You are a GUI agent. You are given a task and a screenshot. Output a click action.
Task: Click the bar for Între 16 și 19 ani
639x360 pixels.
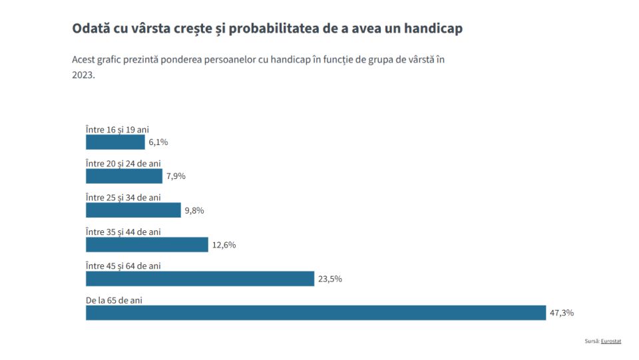115,142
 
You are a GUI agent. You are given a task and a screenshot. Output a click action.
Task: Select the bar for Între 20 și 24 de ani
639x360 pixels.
124,176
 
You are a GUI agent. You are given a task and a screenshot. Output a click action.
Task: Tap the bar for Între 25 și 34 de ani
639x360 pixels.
133,210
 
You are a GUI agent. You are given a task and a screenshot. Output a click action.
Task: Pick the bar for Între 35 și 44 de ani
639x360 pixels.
147,244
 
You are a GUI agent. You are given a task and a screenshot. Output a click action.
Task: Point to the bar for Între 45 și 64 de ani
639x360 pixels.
200,279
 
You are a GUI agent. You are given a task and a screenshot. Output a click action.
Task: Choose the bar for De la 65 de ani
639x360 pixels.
316,313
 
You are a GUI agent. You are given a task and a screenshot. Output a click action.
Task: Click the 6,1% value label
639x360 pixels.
158,142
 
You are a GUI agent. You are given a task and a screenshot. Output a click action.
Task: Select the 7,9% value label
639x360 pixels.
176,176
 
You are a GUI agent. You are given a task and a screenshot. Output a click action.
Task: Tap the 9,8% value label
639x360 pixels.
194,211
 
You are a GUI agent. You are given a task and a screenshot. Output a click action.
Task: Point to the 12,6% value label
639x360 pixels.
224,245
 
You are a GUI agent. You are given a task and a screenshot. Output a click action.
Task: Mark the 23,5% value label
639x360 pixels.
330,279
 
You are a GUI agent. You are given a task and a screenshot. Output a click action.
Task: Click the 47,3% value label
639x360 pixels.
562,313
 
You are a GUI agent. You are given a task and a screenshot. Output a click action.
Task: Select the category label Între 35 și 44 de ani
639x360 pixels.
123,232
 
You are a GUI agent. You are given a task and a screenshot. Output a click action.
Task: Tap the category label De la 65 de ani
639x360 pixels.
114,300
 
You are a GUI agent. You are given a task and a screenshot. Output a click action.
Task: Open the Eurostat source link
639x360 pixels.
610,341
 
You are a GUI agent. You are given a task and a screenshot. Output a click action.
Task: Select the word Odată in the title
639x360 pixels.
90,29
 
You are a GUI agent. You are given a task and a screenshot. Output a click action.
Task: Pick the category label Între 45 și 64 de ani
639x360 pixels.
123,266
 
